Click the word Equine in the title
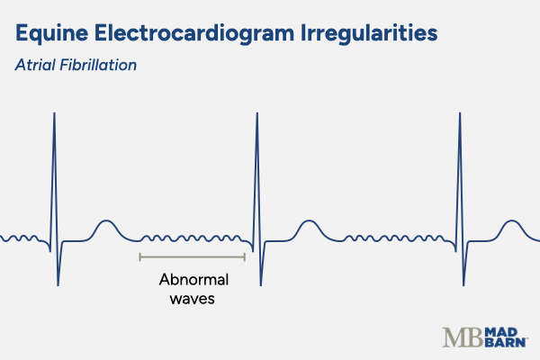point(54,35)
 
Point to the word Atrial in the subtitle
point(34,66)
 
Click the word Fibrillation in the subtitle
point(98,66)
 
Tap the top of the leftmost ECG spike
point(54,113)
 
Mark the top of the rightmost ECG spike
point(459,113)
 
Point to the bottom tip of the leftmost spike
point(58,285)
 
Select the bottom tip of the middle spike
point(260,285)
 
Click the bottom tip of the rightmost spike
point(463,285)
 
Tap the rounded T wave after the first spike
point(106,223)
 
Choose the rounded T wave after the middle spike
point(308,223)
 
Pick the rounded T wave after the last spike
point(511,223)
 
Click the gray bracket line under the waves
point(192,257)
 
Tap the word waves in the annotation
point(192,299)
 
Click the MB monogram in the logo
point(462,337)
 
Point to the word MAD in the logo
point(499,331)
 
